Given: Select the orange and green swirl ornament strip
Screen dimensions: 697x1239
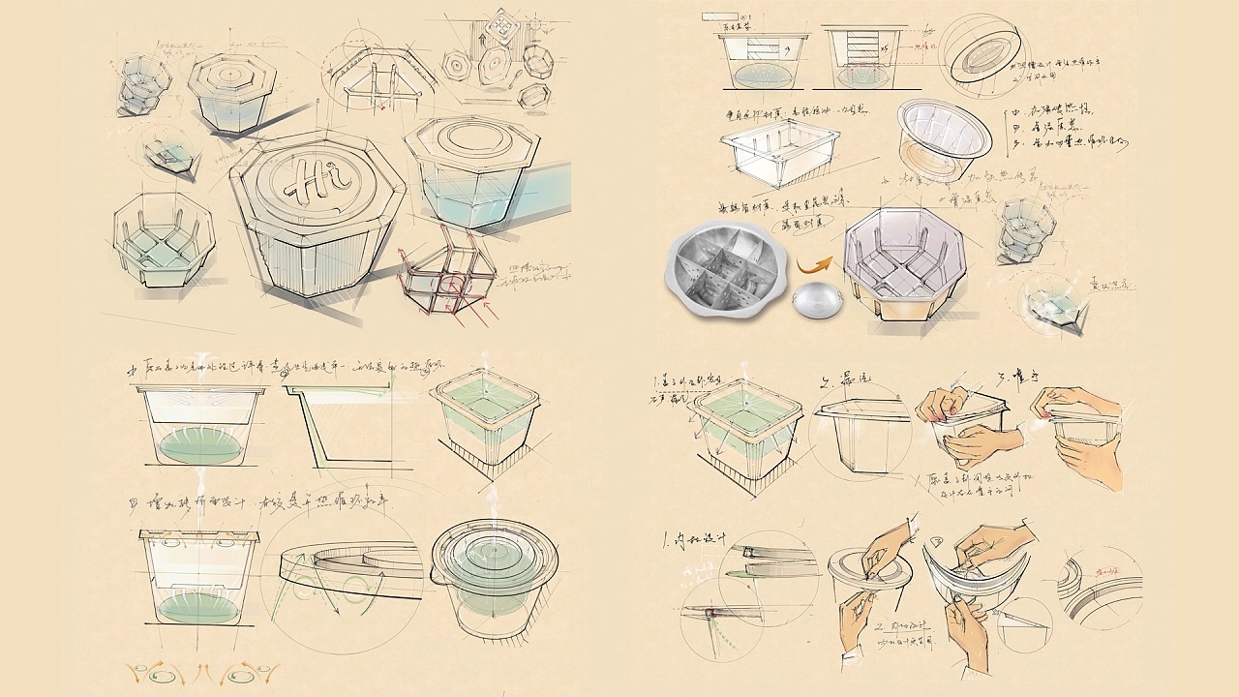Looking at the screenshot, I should (204, 670).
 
